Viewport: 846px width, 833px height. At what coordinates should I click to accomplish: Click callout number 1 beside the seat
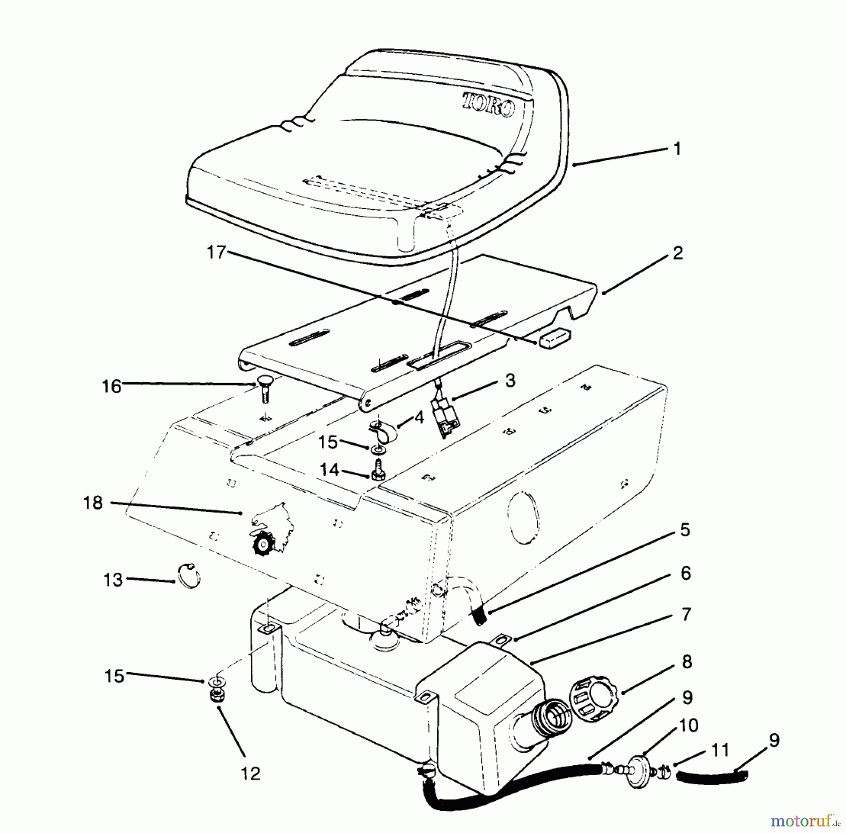tap(677, 149)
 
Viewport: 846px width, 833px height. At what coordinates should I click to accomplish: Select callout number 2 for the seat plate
tap(677, 254)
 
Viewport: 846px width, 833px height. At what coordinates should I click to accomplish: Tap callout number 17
tap(217, 253)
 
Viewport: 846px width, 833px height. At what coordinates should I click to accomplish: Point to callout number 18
tap(93, 503)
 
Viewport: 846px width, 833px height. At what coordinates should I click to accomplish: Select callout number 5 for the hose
tap(685, 530)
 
